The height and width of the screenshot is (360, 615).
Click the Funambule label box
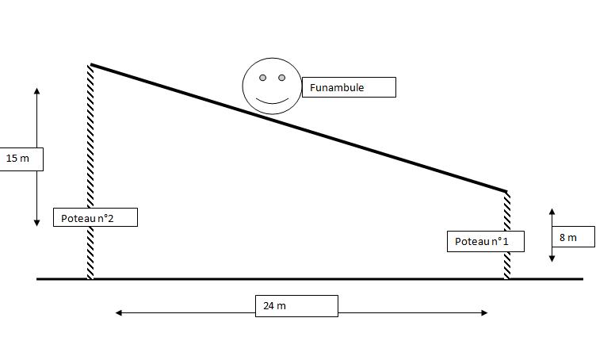pyautogui.click(x=349, y=87)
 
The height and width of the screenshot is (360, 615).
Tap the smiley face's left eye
pyautogui.click(x=262, y=78)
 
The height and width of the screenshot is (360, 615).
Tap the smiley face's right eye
pyautogui.click(x=281, y=78)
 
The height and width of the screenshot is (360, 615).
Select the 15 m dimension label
pyautogui.click(x=19, y=159)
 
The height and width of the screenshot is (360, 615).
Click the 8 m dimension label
pyautogui.click(x=572, y=237)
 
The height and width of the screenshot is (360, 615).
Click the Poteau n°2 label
pyautogui.click(x=94, y=217)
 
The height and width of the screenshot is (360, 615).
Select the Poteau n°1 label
pyautogui.click(x=485, y=242)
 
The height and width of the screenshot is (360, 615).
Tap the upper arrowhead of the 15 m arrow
pyautogui.click(x=36, y=91)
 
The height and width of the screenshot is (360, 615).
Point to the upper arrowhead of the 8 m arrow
pyautogui.click(x=552, y=212)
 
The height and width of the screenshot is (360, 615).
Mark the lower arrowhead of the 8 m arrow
pyautogui.click(x=552, y=259)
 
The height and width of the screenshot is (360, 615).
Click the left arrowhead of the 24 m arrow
pyautogui.click(x=119, y=313)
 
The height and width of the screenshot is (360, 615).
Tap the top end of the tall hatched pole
pyautogui.click(x=90, y=65)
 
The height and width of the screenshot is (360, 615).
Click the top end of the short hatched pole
pyautogui.click(x=507, y=192)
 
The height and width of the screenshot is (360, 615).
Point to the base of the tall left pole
pyautogui.click(x=90, y=278)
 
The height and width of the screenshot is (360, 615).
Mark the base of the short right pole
pyautogui.click(x=507, y=278)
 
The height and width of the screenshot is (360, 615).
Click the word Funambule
pyautogui.click(x=337, y=87)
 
